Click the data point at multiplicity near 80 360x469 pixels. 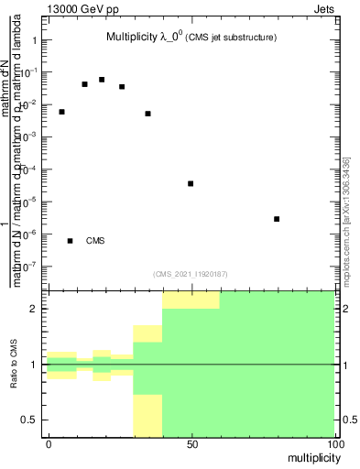click(x=277, y=219)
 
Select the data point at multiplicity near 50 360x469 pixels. click(x=191, y=183)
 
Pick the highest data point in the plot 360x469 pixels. click(x=102, y=80)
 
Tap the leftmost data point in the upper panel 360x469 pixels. click(x=61, y=112)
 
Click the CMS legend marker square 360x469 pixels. click(x=70, y=241)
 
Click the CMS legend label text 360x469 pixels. click(x=95, y=241)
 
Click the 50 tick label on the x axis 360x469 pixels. click(x=191, y=443)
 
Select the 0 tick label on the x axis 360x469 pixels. click(x=49, y=443)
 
